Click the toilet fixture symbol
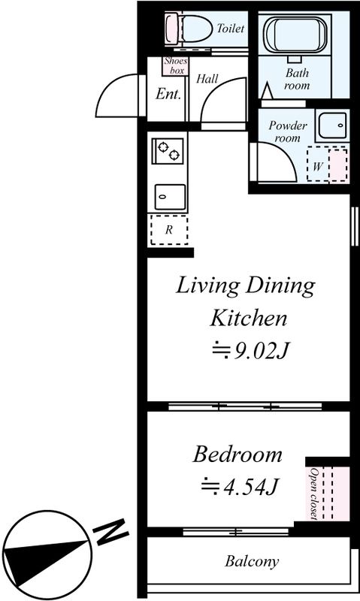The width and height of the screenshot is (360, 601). click(x=189, y=29)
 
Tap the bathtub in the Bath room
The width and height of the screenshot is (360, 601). click(x=295, y=35)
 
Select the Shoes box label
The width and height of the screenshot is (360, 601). click(x=176, y=65)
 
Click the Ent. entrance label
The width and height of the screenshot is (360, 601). click(x=168, y=94)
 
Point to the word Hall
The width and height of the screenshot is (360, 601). click(x=207, y=79)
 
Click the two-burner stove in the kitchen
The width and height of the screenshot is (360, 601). click(x=168, y=151)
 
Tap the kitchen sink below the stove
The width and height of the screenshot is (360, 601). click(x=170, y=197)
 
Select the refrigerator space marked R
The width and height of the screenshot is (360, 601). click(x=169, y=230)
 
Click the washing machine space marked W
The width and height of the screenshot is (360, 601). click(x=328, y=164)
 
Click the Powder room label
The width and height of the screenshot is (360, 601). click(x=288, y=131)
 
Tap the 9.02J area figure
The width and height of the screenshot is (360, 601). click(x=250, y=350)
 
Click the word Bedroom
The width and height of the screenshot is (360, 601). click(x=237, y=455)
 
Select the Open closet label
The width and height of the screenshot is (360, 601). click(x=314, y=494)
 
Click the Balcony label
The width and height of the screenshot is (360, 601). click(x=252, y=561)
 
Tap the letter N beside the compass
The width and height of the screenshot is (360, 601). click(x=111, y=531)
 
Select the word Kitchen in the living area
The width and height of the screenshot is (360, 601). click(x=249, y=318)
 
